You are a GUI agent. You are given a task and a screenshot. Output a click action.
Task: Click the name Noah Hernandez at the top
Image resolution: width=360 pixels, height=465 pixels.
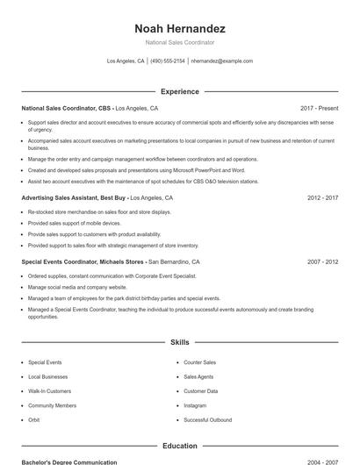pos(180,28)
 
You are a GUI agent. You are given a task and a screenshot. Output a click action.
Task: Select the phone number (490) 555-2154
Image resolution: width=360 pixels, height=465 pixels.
pos(168,61)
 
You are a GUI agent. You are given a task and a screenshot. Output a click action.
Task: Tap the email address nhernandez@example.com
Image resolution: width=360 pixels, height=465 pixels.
pos(221,61)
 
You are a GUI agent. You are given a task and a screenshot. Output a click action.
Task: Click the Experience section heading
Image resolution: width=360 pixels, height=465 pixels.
pos(180,91)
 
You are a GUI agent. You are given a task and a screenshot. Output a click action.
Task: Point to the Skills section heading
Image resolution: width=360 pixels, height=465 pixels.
pos(180,342)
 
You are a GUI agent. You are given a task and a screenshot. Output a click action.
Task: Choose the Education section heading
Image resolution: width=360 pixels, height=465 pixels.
pos(180,446)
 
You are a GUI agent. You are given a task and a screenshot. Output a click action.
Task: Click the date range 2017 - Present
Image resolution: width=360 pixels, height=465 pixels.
pos(319,108)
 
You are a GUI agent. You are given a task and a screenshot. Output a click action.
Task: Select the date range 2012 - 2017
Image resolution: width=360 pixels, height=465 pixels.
pos(322,198)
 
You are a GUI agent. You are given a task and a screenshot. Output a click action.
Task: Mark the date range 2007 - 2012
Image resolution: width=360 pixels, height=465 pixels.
pos(322,261)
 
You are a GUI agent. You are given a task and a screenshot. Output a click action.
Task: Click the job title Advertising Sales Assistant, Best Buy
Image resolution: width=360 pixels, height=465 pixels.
pos(73,198)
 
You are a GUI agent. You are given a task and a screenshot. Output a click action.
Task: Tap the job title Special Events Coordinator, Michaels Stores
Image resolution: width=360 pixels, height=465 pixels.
pos(83,261)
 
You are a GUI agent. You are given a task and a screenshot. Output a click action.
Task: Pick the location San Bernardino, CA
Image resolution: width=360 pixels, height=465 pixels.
pos(174,261)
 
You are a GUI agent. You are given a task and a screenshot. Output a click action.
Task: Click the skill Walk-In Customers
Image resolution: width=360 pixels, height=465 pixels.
pos(49,391)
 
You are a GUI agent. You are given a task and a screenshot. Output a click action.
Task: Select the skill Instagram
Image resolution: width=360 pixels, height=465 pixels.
pos(195,405)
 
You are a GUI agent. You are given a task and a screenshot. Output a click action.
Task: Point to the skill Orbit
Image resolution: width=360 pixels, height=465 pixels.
pos(34,420)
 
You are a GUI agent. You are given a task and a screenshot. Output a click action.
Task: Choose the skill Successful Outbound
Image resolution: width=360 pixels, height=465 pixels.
pos(207,420)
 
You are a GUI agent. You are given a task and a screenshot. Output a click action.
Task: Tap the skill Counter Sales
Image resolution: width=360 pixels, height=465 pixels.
pos(199,361)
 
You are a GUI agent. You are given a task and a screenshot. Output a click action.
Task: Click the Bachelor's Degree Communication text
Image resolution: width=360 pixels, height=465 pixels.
pos(69,461)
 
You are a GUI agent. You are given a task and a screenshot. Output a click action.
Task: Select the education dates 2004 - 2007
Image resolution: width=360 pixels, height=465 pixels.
pos(322,461)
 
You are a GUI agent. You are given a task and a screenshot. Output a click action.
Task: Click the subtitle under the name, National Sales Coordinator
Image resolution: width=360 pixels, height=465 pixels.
pos(180,42)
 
